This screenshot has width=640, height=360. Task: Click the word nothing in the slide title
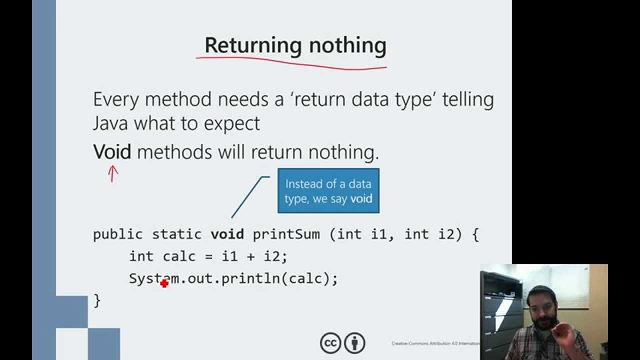[x=347, y=45]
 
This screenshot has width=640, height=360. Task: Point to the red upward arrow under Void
[x=113, y=173]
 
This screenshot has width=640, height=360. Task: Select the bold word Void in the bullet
[x=112, y=151]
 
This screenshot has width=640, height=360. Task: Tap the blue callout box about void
[x=328, y=191]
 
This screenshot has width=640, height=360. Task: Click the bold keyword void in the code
[x=227, y=234]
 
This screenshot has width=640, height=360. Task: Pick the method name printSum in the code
[x=286, y=234]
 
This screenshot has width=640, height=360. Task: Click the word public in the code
[x=118, y=234]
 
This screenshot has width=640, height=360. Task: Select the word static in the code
[x=176, y=234]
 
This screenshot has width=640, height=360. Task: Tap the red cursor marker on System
[x=164, y=283]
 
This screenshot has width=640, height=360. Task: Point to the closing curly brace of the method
[x=97, y=300]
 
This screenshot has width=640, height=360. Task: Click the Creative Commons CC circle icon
[x=330, y=343]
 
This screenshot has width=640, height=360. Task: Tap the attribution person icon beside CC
[x=355, y=343]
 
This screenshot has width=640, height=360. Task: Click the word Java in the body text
[x=110, y=123]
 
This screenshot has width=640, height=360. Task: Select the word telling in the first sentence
[x=469, y=99]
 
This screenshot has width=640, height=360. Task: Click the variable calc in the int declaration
[x=179, y=256]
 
